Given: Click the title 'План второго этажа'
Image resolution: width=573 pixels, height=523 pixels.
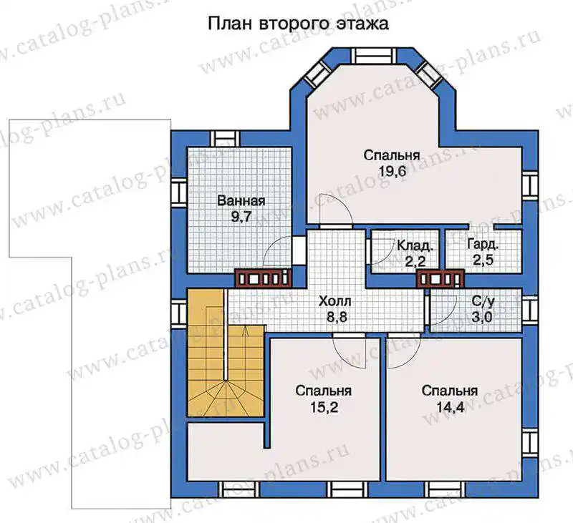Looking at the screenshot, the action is [x=298, y=24].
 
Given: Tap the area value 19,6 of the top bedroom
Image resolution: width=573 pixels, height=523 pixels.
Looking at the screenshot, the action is [x=392, y=172].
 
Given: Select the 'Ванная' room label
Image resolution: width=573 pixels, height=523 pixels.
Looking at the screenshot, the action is [x=241, y=201].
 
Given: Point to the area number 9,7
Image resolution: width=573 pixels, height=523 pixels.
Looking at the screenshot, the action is [x=241, y=217].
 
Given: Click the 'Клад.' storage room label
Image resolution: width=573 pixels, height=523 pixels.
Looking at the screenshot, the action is [x=415, y=245].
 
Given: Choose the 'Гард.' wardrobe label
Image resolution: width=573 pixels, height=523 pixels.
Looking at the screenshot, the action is [x=483, y=245].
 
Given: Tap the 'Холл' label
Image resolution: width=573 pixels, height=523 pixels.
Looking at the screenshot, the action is [x=335, y=301].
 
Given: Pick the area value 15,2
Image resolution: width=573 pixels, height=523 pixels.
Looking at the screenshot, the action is [x=324, y=407].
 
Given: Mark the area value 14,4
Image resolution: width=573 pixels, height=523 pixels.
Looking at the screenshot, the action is [x=451, y=407].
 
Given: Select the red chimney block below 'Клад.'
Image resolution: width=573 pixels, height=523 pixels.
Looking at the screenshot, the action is [x=440, y=279].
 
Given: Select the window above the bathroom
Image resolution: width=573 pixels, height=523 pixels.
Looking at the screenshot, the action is [x=225, y=139].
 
